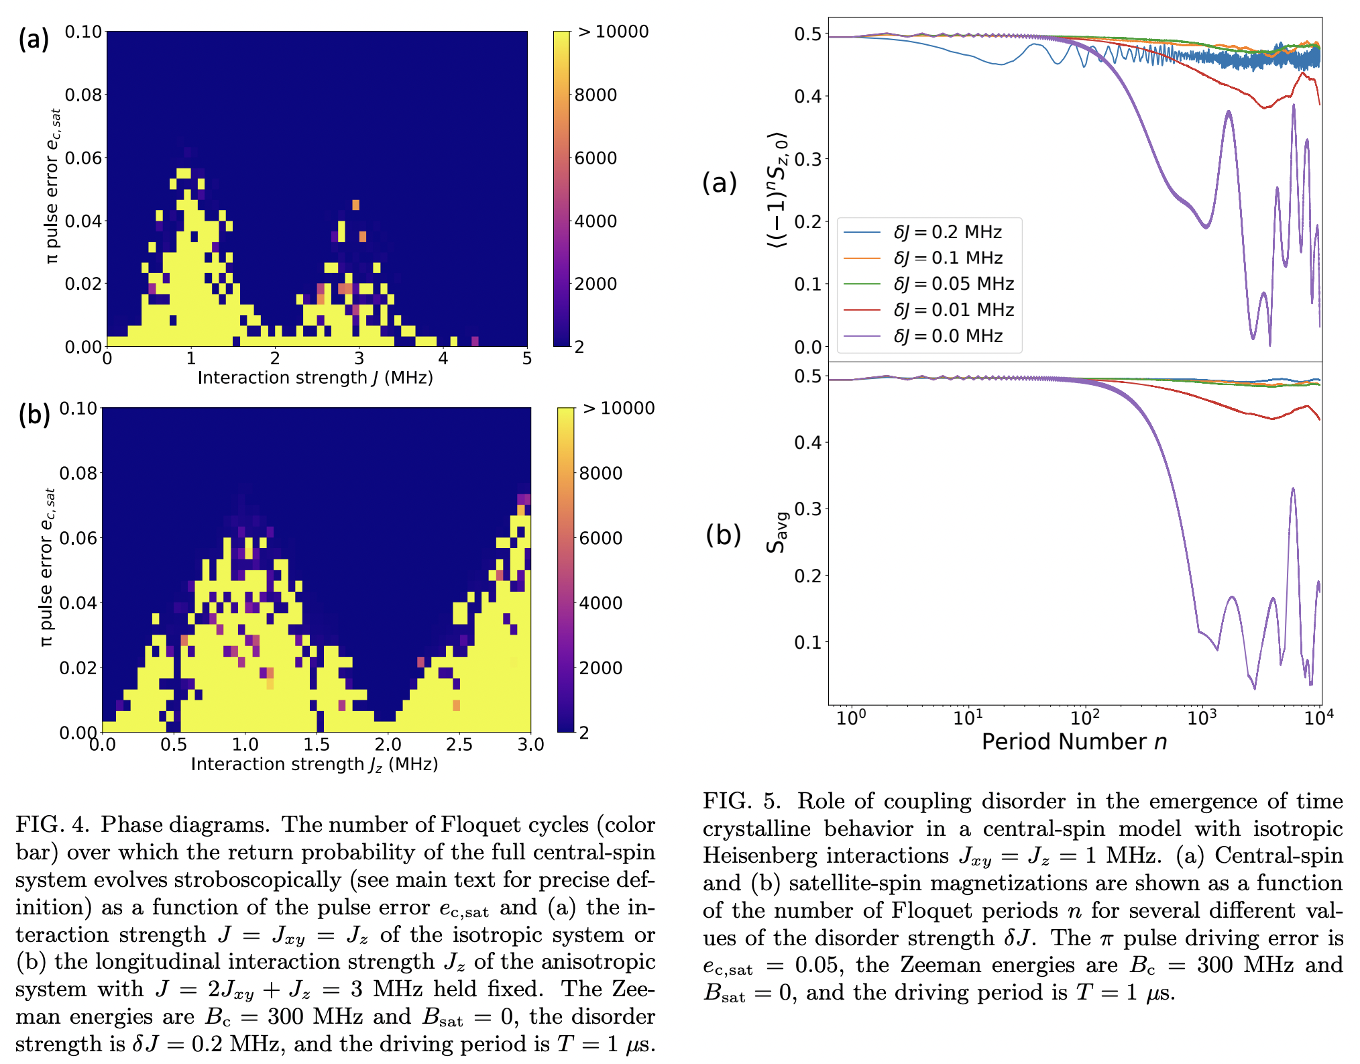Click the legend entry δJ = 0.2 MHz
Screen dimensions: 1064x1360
point(948,232)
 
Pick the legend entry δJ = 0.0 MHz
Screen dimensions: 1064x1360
point(948,336)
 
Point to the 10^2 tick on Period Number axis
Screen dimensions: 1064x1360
point(1084,719)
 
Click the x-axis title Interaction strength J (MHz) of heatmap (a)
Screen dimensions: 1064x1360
point(315,378)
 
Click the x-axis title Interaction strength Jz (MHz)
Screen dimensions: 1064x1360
point(314,765)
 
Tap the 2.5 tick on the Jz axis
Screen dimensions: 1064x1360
point(459,745)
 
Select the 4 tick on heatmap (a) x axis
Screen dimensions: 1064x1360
point(443,359)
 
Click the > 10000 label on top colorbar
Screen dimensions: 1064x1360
point(613,32)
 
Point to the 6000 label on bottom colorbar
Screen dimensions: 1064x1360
point(600,538)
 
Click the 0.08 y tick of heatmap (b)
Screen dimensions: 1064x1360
point(78,474)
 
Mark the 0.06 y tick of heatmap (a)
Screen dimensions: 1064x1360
point(83,158)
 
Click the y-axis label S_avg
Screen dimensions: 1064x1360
point(776,533)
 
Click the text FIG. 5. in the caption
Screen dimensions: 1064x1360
point(742,801)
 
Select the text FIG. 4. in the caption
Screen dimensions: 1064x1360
point(54,824)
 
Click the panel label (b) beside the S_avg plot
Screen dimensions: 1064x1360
point(723,535)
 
